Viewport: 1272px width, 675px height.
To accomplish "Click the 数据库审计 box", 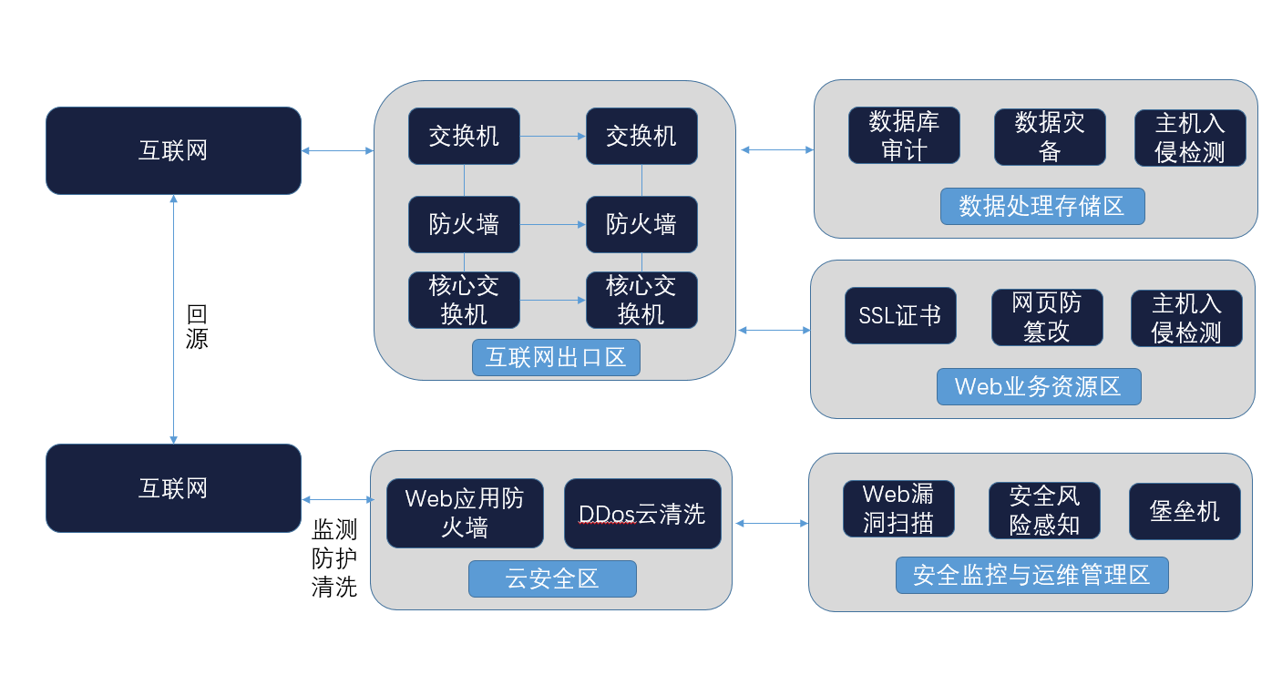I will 904,136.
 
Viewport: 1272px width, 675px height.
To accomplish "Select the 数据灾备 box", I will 1050,137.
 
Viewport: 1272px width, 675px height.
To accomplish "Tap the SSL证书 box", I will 900,316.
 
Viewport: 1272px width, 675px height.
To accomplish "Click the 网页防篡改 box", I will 1047,317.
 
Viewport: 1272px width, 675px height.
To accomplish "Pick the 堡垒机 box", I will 1185,511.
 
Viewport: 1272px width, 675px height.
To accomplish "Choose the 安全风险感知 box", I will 1044,510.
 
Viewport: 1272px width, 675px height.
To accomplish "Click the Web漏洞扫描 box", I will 898,508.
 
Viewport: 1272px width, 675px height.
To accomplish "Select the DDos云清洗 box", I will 642,514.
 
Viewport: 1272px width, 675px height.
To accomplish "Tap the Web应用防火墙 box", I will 465,513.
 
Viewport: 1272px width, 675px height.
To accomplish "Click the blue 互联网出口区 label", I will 556,357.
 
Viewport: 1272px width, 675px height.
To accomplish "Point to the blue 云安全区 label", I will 552,578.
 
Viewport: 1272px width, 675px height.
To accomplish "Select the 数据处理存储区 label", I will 1042,206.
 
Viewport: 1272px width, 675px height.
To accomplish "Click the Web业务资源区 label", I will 1039,386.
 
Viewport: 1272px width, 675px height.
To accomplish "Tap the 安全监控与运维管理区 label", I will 1031,575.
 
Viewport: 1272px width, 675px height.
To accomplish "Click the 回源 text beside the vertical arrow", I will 197,327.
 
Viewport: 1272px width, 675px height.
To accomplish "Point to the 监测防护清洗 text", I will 333,557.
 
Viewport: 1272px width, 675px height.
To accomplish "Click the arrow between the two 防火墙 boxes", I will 553,224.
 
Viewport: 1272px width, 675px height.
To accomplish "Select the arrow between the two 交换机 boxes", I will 553,137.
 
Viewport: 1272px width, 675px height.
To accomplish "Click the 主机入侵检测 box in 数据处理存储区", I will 1190,138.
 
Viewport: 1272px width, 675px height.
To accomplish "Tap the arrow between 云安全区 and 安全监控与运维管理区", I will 772,523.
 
